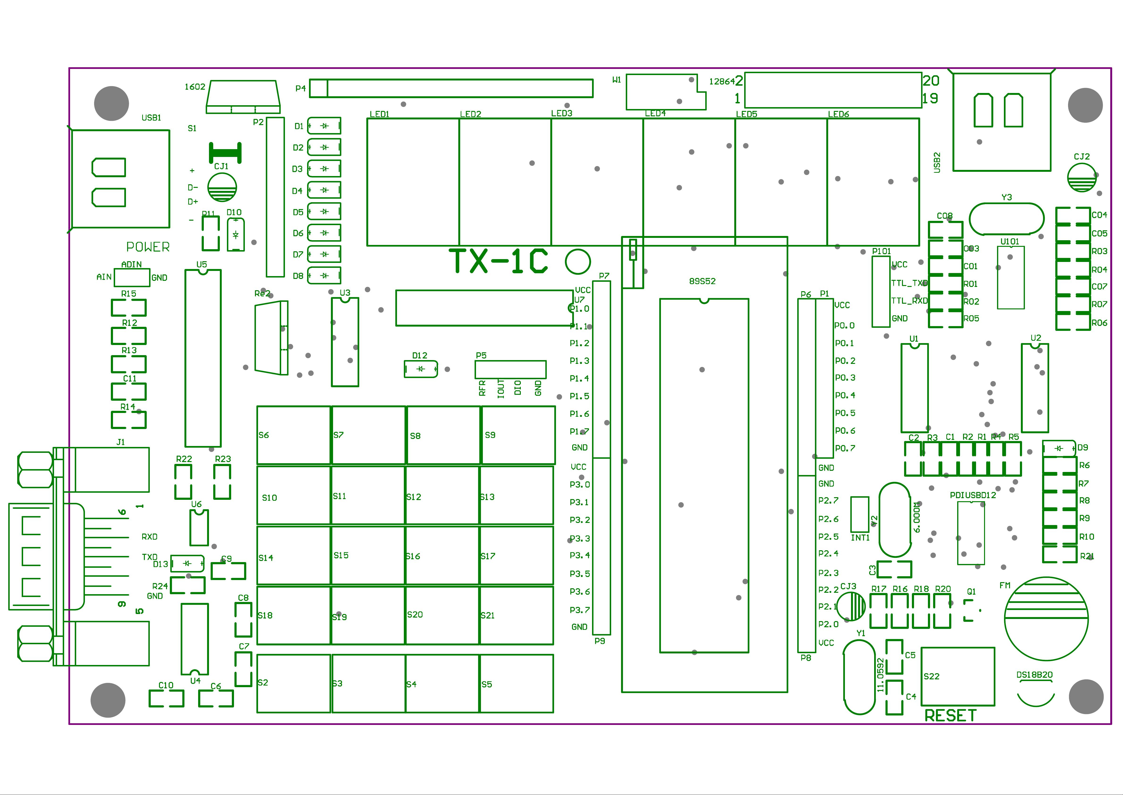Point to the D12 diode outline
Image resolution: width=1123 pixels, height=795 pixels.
click(x=420, y=369)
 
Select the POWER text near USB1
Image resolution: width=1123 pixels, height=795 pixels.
click(x=148, y=247)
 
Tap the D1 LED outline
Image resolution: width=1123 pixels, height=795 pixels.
click(x=324, y=126)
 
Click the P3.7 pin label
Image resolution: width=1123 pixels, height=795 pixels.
click(x=579, y=610)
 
